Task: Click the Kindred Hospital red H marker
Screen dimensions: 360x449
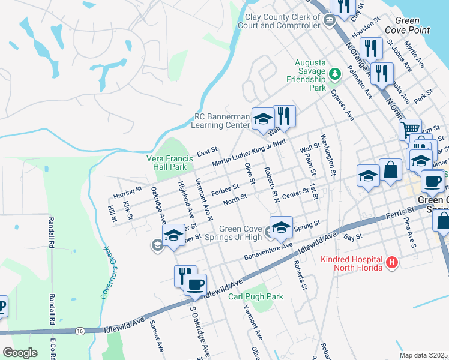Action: click(391, 262)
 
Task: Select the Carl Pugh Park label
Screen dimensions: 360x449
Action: click(255, 296)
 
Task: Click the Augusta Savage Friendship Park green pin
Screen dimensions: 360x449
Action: click(334, 75)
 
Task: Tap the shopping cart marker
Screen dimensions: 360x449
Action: click(411, 130)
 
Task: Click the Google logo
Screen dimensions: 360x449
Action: click(20, 353)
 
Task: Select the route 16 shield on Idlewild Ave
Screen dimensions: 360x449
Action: click(79, 331)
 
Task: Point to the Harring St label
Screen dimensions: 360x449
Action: click(127, 192)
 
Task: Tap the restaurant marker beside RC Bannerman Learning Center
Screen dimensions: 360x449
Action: click(285, 116)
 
